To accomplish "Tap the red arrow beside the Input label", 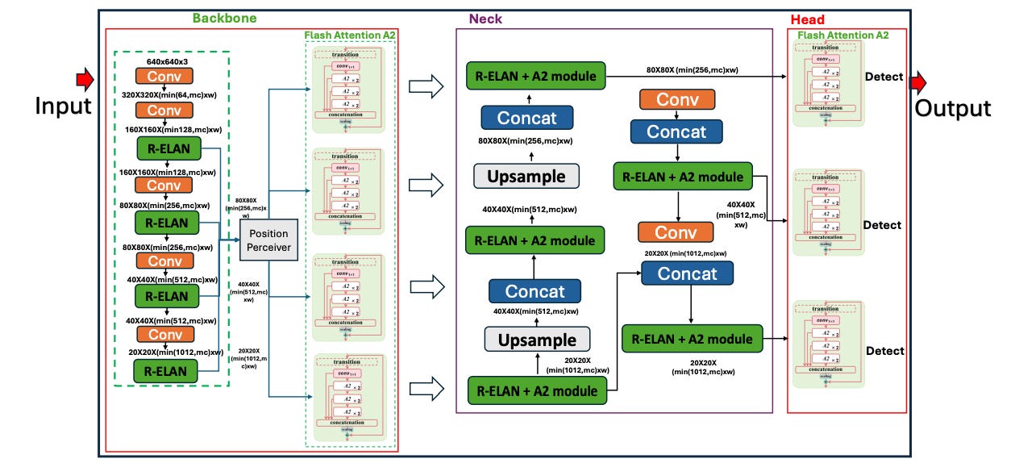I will [x=84, y=80].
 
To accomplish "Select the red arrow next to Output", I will [x=919, y=82].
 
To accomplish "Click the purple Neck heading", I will [x=485, y=19].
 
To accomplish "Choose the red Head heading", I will [x=808, y=19].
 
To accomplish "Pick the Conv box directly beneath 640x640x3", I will [x=164, y=76].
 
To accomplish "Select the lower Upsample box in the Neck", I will [x=536, y=339].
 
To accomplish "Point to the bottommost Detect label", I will [x=884, y=351].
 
